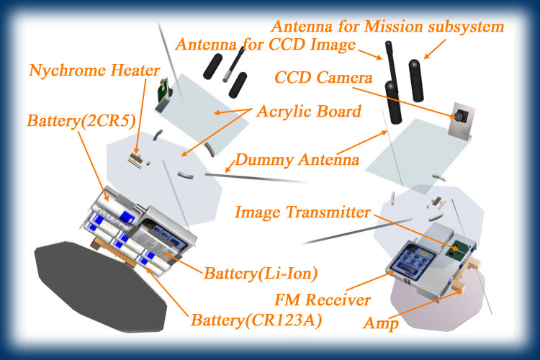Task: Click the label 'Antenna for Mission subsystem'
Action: [387, 27]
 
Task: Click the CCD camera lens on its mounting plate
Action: [458, 116]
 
